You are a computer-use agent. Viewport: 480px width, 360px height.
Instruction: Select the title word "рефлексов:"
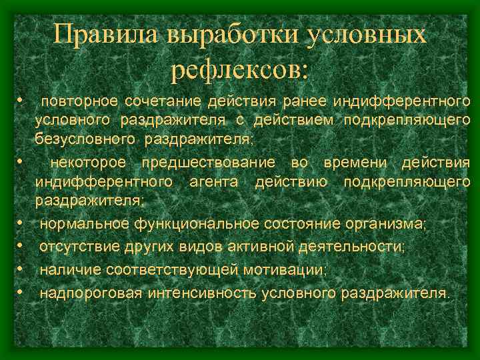point(240,68)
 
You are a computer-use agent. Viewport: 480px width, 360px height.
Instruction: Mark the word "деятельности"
point(353,247)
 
